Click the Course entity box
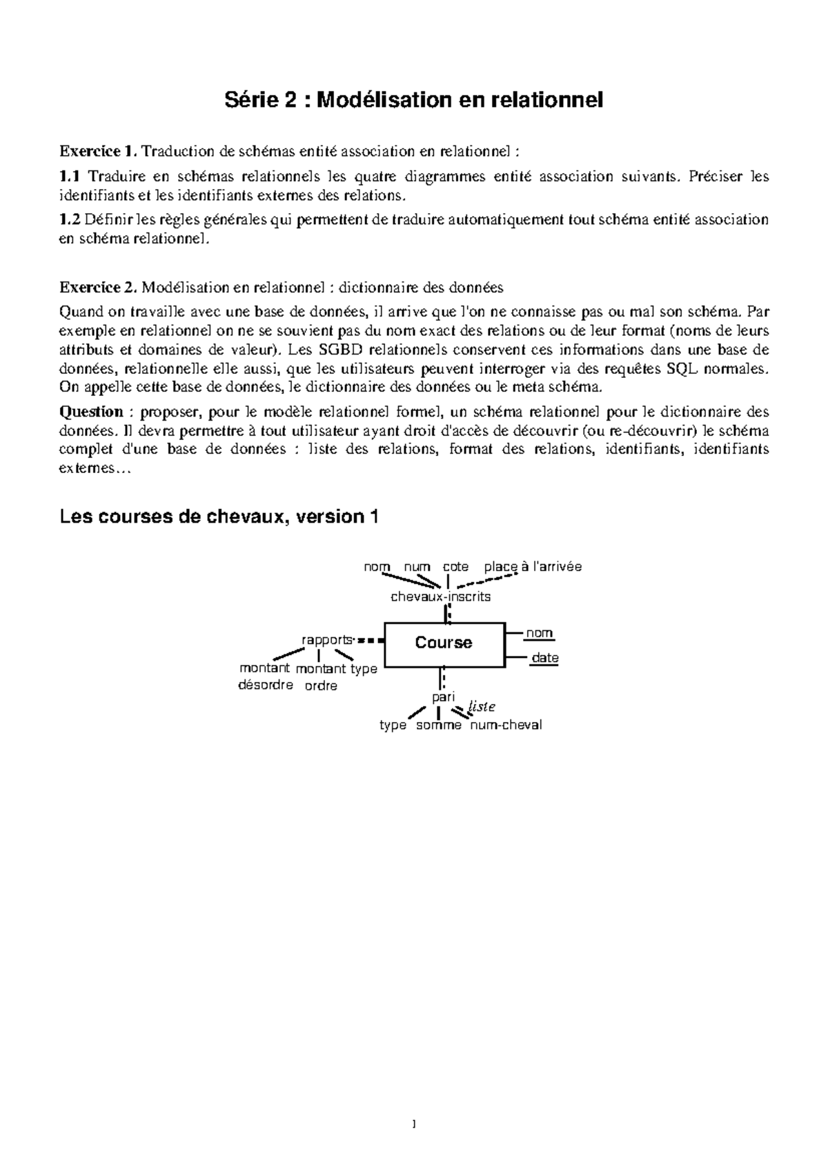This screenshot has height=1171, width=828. click(444, 644)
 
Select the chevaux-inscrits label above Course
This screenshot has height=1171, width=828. click(440, 597)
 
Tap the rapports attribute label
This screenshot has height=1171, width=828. click(327, 639)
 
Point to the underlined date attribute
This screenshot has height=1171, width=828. click(544, 658)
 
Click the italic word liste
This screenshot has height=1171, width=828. click(482, 707)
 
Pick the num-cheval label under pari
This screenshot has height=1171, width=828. click(506, 725)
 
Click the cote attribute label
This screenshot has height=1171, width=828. click(455, 567)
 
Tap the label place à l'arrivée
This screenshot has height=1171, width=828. click(533, 567)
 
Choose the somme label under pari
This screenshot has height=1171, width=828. click(439, 725)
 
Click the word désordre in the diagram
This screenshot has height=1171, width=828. click(266, 685)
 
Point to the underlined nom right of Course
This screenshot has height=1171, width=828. click(539, 633)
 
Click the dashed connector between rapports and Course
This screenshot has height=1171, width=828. click(371, 641)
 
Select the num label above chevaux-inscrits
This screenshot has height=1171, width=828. click(417, 567)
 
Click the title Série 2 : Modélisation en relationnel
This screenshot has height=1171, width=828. click(414, 101)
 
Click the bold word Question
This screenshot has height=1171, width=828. click(91, 412)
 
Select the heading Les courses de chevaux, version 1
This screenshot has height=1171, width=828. click(219, 517)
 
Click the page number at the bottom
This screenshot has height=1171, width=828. click(414, 1125)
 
